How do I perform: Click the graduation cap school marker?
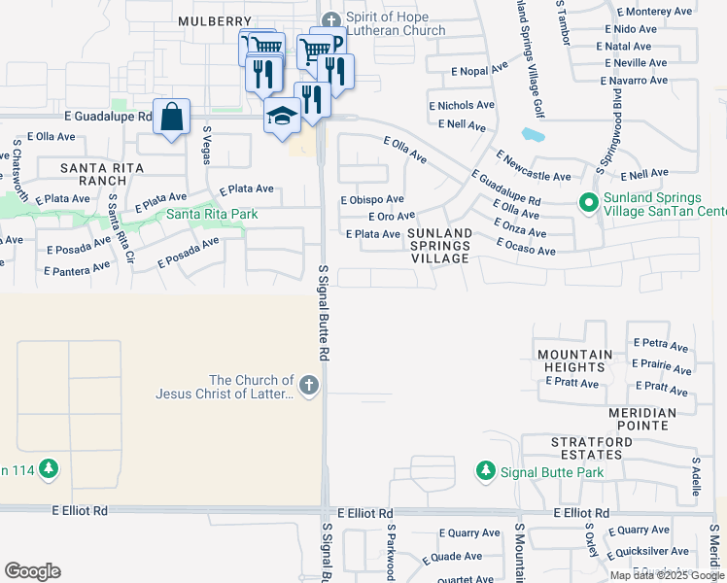click(282, 116)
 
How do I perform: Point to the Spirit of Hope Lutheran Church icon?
click(332, 18)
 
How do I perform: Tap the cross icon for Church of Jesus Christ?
click(309, 386)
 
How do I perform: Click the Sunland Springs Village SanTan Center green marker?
click(588, 203)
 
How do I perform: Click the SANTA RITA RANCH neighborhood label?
click(102, 174)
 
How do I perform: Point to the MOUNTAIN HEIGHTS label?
click(575, 360)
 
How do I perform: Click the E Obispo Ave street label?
click(371, 199)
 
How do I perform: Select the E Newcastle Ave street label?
click(534, 166)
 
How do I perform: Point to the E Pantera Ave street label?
click(79, 268)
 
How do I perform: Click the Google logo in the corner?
click(32, 571)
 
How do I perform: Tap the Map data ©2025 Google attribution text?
click(667, 575)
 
